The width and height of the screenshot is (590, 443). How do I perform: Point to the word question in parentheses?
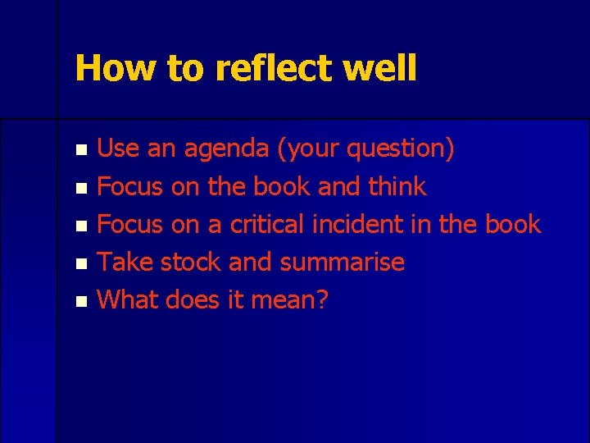click(398, 149)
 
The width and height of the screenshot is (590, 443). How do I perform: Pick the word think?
click(397, 186)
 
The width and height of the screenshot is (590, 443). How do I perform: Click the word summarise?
click(342, 262)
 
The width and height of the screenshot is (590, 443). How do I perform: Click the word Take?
click(125, 262)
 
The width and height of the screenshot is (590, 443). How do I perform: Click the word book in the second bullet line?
click(281, 186)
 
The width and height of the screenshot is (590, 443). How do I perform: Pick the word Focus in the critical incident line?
click(130, 224)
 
